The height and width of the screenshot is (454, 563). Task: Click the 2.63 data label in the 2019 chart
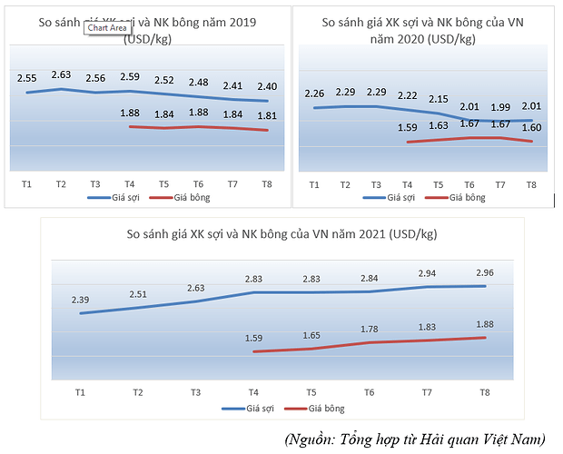[61, 74]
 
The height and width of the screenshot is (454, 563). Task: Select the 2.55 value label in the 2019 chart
[27, 79]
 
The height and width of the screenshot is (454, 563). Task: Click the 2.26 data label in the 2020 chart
[314, 93]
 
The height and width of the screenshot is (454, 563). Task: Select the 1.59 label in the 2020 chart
[408, 127]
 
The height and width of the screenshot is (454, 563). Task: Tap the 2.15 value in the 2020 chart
[439, 98]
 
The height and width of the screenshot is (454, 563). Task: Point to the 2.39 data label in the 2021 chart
[80, 300]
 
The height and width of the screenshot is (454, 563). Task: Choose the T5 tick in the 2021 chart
[311, 391]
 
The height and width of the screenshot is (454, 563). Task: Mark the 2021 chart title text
[282, 234]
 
